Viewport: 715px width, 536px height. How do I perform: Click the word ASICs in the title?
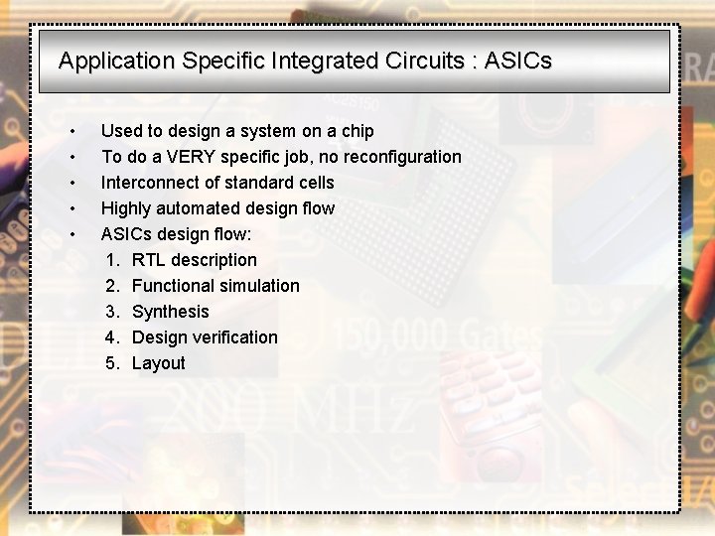click(x=517, y=61)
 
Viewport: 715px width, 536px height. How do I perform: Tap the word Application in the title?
click(x=116, y=61)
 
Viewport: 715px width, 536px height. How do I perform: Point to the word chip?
click(x=357, y=131)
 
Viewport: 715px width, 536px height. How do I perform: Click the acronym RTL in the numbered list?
click(x=148, y=260)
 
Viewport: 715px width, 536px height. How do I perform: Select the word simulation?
click(x=259, y=286)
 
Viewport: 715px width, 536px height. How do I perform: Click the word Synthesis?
click(x=171, y=312)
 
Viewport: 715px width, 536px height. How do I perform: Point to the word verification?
click(x=234, y=337)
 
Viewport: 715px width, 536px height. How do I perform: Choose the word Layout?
click(x=159, y=363)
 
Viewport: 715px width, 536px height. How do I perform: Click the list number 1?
click(x=112, y=260)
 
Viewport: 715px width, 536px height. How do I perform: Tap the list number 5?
click(x=112, y=363)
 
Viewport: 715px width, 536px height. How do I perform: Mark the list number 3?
click(x=112, y=312)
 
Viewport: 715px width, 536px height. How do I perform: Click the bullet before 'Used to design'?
click(x=73, y=132)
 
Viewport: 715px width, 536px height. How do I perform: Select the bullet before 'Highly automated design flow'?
click(x=73, y=209)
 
